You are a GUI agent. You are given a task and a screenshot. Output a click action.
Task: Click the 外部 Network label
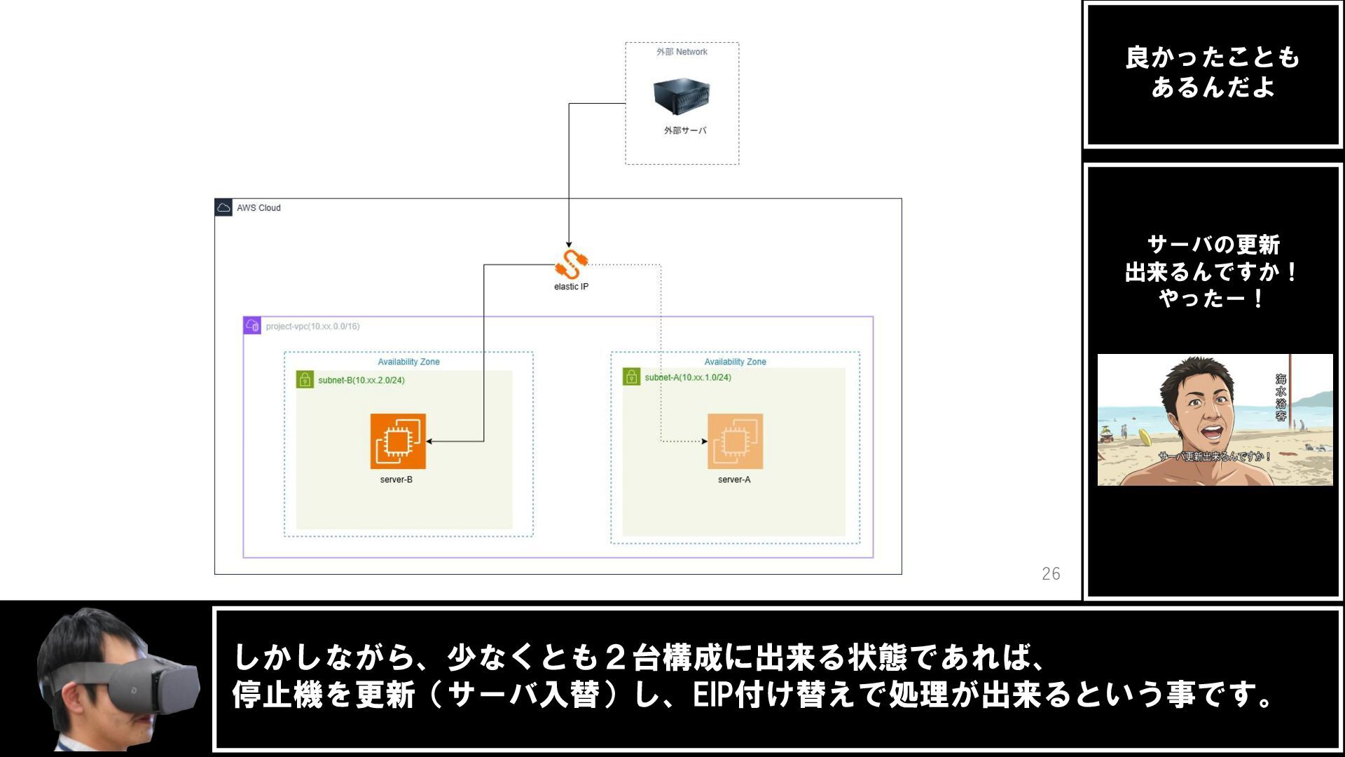click(682, 52)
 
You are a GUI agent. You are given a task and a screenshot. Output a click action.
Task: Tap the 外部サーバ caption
click(685, 130)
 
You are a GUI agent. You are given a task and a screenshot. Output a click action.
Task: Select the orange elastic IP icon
click(572, 264)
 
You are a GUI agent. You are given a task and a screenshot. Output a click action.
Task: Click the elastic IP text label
click(571, 287)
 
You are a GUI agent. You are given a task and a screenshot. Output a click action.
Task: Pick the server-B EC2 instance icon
click(398, 442)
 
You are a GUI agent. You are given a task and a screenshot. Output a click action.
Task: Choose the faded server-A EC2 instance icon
click(735, 442)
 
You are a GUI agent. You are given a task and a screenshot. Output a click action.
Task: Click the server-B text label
click(396, 479)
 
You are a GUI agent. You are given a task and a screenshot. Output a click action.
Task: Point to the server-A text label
click(733, 479)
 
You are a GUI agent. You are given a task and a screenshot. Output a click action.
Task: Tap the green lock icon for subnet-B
click(305, 380)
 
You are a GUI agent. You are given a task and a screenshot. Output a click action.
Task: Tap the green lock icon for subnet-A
click(631, 377)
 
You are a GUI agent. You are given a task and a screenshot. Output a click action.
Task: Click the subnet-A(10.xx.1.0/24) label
click(688, 377)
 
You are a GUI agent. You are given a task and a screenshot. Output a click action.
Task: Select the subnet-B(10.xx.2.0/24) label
click(361, 380)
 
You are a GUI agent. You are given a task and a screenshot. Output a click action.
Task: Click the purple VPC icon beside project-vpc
click(252, 325)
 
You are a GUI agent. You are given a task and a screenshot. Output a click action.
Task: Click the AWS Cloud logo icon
click(223, 207)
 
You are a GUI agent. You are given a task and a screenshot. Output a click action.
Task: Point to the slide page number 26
click(1051, 573)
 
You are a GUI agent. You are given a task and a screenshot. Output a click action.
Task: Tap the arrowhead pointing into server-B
click(429, 442)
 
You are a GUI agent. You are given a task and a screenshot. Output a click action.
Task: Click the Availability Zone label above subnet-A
click(735, 362)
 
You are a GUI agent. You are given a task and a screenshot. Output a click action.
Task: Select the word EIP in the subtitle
click(712, 695)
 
